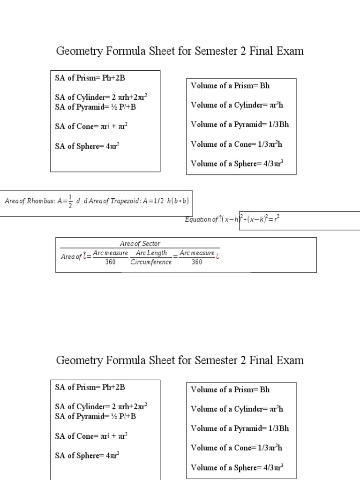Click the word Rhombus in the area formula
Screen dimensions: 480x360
point(40,201)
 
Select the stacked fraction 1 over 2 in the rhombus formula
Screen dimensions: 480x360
point(70,201)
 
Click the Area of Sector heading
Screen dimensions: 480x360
point(140,244)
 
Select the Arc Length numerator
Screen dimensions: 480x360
point(150,253)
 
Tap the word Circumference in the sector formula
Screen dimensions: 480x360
point(150,262)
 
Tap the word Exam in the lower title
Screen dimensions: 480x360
point(291,360)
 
